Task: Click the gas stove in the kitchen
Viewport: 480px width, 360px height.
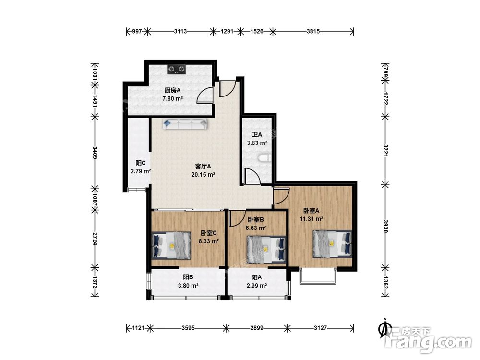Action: point(177,70)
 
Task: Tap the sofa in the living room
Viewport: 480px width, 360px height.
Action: point(185,124)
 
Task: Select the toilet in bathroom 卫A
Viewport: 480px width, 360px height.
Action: point(264,158)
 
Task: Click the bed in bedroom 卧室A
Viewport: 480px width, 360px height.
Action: point(332,244)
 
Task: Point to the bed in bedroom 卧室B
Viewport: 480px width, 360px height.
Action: point(266,249)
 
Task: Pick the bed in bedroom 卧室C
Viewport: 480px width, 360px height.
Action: point(171,245)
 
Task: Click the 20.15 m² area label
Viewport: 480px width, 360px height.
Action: point(203,175)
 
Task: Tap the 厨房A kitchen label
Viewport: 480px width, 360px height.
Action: point(173,90)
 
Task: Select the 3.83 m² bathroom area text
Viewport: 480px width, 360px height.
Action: point(257,143)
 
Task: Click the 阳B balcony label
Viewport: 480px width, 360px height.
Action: point(188,277)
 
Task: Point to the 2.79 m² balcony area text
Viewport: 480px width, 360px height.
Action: point(141,171)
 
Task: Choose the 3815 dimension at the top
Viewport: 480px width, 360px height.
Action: point(313,31)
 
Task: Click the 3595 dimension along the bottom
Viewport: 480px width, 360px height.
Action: point(188,328)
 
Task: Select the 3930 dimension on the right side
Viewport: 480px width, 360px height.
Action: point(385,226)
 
